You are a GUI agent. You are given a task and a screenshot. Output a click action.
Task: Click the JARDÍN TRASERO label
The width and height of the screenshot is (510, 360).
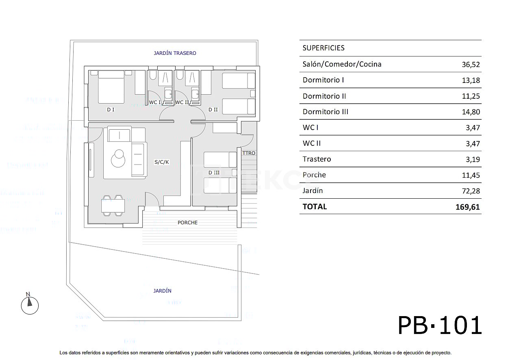[175, 53]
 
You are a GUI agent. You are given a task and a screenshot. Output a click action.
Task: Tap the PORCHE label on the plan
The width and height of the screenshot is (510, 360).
[188, 223]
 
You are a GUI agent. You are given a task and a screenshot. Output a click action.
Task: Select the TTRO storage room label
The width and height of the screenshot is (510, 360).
[249, 153]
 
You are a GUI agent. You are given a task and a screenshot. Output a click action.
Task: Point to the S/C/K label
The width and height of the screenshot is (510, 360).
[161, 162]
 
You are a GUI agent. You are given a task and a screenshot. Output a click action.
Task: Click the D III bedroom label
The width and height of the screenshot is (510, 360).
[214, 173]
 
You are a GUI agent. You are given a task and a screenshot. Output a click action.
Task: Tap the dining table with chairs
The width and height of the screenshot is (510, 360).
[113, 206]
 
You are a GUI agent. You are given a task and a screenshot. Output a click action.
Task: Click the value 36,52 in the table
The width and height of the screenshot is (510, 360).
[471, 64]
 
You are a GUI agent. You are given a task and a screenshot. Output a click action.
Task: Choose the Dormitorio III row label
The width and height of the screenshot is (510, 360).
[326, 112]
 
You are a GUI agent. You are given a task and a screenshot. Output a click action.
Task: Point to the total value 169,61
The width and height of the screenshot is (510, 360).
[468, 207]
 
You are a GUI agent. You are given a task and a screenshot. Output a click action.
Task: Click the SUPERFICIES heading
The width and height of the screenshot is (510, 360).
[323, 48]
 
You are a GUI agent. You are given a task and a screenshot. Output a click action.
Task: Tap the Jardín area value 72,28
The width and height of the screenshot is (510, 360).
[471, 191]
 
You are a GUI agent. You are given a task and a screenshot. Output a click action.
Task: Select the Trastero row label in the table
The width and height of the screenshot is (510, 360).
[317, 159]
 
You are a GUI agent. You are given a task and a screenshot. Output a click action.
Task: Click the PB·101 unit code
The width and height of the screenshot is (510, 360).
[440, 325]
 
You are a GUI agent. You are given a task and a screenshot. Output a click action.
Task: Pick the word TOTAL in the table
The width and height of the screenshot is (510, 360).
[315, 206]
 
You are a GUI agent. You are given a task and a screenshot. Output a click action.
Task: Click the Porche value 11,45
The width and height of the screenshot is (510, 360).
[471, 175]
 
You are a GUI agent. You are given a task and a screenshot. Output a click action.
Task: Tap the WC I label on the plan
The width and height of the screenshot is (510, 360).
[155, 102]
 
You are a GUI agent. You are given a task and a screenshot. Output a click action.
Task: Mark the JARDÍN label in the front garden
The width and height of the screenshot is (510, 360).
[163, 291]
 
